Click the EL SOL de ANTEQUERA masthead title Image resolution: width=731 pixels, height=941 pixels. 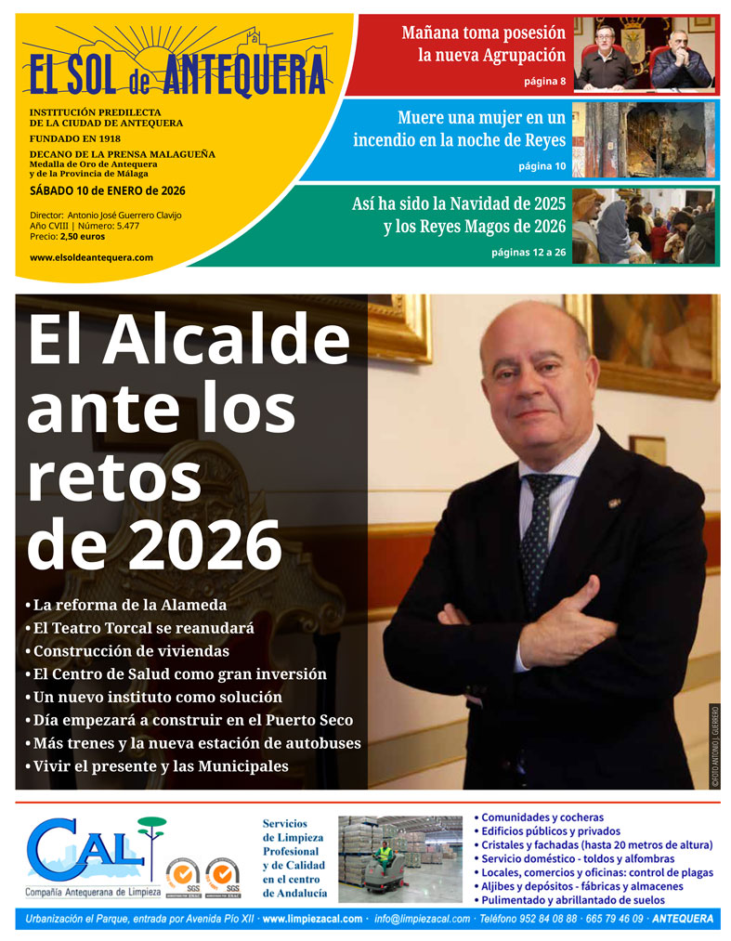coord(177,73)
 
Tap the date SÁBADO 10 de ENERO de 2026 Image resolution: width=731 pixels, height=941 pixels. coord(107,191)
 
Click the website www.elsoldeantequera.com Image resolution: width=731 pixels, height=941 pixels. coord(91,257)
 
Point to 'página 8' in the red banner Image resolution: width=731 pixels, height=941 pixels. coord(544,82)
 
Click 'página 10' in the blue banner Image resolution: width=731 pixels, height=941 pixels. coord(542,166)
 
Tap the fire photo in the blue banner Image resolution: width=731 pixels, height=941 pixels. coord(645,139)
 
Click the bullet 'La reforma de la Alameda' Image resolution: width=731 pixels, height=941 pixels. coord(130,606)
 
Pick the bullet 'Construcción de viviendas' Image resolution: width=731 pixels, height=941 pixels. coord(131,651)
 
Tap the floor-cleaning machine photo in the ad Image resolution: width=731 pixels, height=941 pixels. coord(399,853)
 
